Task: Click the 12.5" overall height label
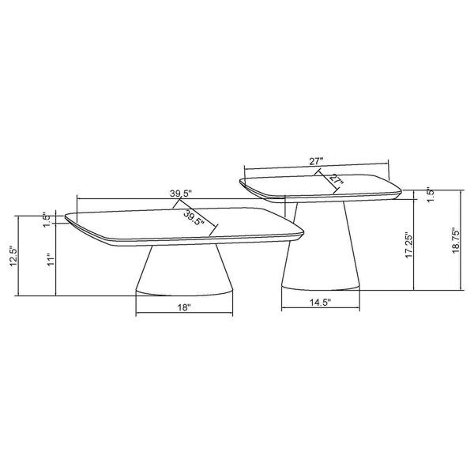coord(14,256)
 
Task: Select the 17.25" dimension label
coord(409,245)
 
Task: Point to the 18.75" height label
coord(456,240)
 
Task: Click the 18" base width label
coord(184,307)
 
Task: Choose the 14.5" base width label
coord(320,302)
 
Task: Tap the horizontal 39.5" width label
coord(181,194)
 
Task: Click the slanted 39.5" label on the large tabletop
coord(194,218)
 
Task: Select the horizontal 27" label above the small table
coord(316,161)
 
